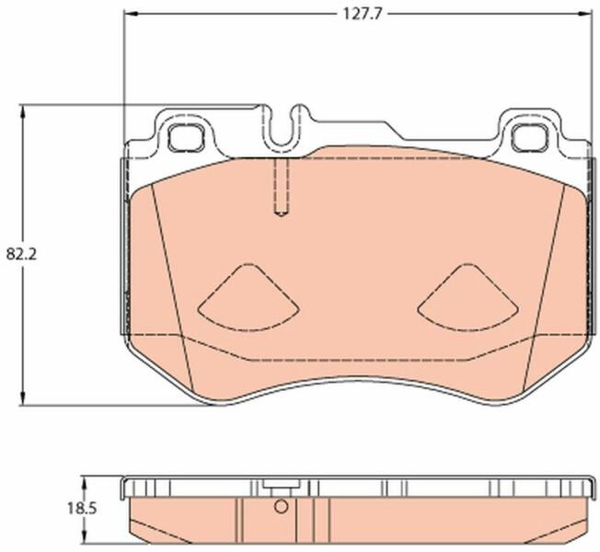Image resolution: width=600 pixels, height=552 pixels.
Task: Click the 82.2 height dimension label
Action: tap(21, 254)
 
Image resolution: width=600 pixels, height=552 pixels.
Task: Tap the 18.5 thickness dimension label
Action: tap(82, 509)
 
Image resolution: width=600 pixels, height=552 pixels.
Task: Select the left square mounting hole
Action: tap(187, 137)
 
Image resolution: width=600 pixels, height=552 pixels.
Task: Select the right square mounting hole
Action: tap(529, 137)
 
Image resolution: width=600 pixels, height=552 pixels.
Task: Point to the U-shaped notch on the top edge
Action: tap(283, 126)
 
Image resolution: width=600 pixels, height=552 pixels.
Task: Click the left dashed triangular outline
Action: tap(249, 297)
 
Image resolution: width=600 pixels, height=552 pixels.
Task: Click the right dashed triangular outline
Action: tap(468, 297)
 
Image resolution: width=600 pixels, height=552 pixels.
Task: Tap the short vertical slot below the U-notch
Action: tap(282, 188)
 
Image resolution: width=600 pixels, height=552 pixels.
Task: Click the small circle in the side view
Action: tap(282, 507)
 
